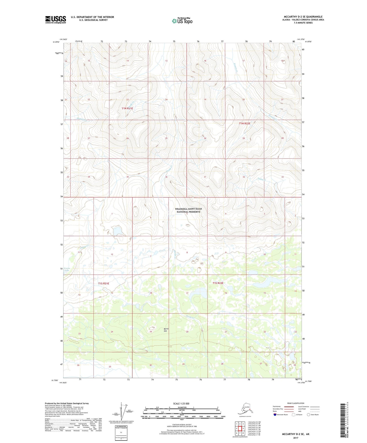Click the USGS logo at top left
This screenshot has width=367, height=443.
[x=56, y=20]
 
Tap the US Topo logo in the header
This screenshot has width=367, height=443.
[x=182, y=21]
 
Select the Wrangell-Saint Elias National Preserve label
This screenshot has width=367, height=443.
[x=188, y=210]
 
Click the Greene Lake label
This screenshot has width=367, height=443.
[x=67, y=269]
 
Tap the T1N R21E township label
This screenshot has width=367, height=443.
[x=127, y=108]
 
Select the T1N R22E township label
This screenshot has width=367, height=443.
[x=245, y=124]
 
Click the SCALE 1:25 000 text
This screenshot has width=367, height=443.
[x=181, y=403]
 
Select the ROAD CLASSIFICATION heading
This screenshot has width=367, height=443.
[x=296, y=403]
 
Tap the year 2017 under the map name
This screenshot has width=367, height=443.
[x=296, y=438]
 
